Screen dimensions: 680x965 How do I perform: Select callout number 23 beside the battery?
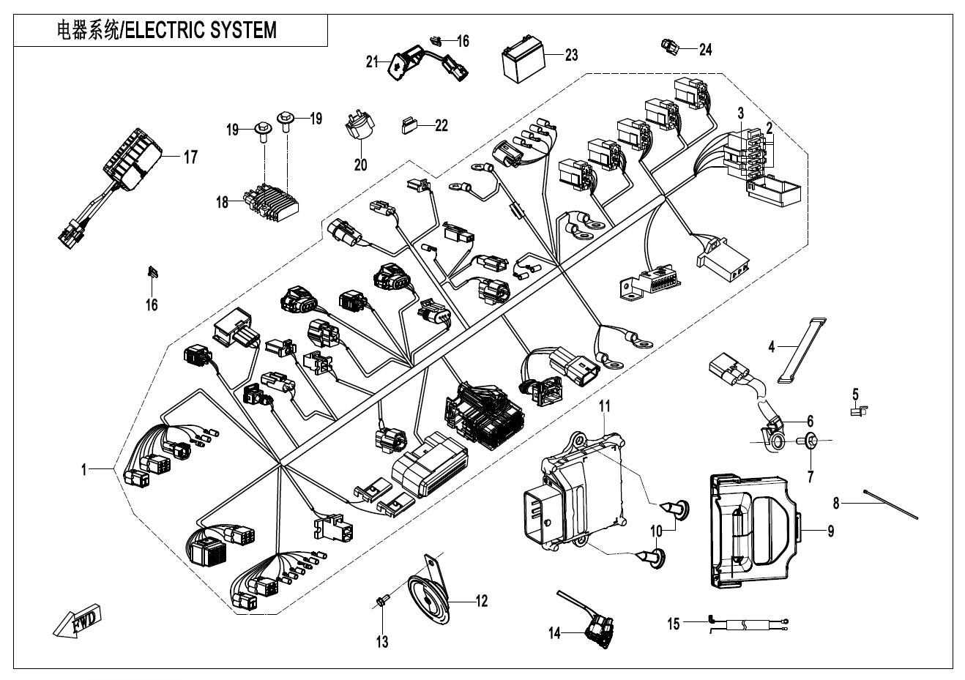pyautogui.click(x=570, y=55)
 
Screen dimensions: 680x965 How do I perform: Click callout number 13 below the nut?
pyautogui.click(x=382, y=642)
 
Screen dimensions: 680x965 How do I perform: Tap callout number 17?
pyautogui.click(x=190, y=157)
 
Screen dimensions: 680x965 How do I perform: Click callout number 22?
pyautogui.click(x=441, y=125)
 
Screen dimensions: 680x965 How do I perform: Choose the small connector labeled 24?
pyautogui.click(x=670, y=46)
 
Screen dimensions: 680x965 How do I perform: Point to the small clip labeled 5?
pyautogui.click(x=857, y=413)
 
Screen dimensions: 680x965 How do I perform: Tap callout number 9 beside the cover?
pyautogui.click(x=830, y=531)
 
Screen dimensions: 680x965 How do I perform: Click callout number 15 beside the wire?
pyautogui.click(x=674, y=624)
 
